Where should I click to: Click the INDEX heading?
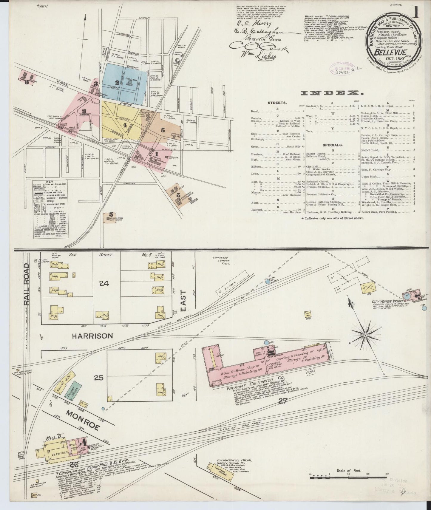tap(332, 93)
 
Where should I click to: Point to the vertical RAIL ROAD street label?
tap(27, 284)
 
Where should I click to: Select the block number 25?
tap(98, 378)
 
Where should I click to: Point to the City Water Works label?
tap(387, 302)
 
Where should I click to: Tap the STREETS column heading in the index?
tap(277, 103)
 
